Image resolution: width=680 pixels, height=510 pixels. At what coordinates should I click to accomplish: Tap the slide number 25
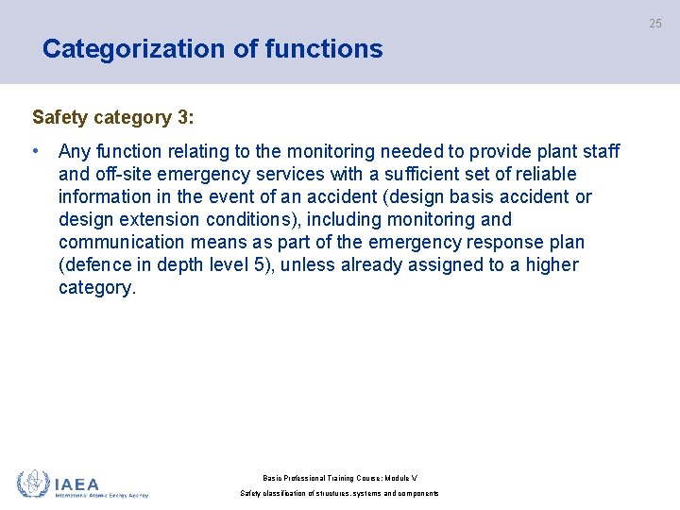pos(655,24)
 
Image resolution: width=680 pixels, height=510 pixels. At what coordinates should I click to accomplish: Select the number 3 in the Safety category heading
pos(182,118)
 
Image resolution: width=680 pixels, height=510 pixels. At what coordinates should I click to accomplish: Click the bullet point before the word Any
pos(35,151)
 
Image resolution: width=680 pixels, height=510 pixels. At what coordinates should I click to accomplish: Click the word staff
pos(599,151)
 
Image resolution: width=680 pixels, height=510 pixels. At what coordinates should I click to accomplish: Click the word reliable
pos(542,174)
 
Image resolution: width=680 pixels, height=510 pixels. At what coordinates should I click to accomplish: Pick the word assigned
pos(446,264)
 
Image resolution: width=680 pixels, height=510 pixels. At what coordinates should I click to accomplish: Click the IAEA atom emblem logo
pos(33,484)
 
